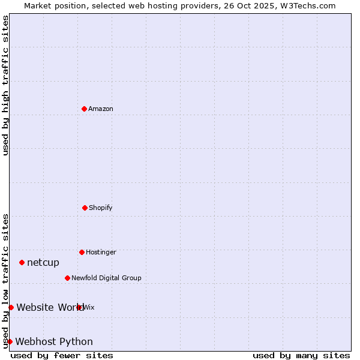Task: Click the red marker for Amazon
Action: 84,109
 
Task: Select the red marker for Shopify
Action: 85,208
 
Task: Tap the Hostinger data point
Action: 82,252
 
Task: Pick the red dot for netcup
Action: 22,262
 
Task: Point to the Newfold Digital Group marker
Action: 67,278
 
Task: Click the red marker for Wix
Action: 79,307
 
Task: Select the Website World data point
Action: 11,307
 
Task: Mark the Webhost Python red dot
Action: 10,341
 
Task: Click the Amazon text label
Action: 101,109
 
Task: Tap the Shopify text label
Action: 101,208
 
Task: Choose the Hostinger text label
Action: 101,252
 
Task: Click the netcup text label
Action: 43,262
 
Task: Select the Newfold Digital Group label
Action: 106,278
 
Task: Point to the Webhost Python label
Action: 54,341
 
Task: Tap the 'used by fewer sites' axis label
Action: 62,355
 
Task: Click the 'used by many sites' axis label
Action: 301,355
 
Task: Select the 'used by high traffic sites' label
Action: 5,85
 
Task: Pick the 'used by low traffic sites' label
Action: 5,281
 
